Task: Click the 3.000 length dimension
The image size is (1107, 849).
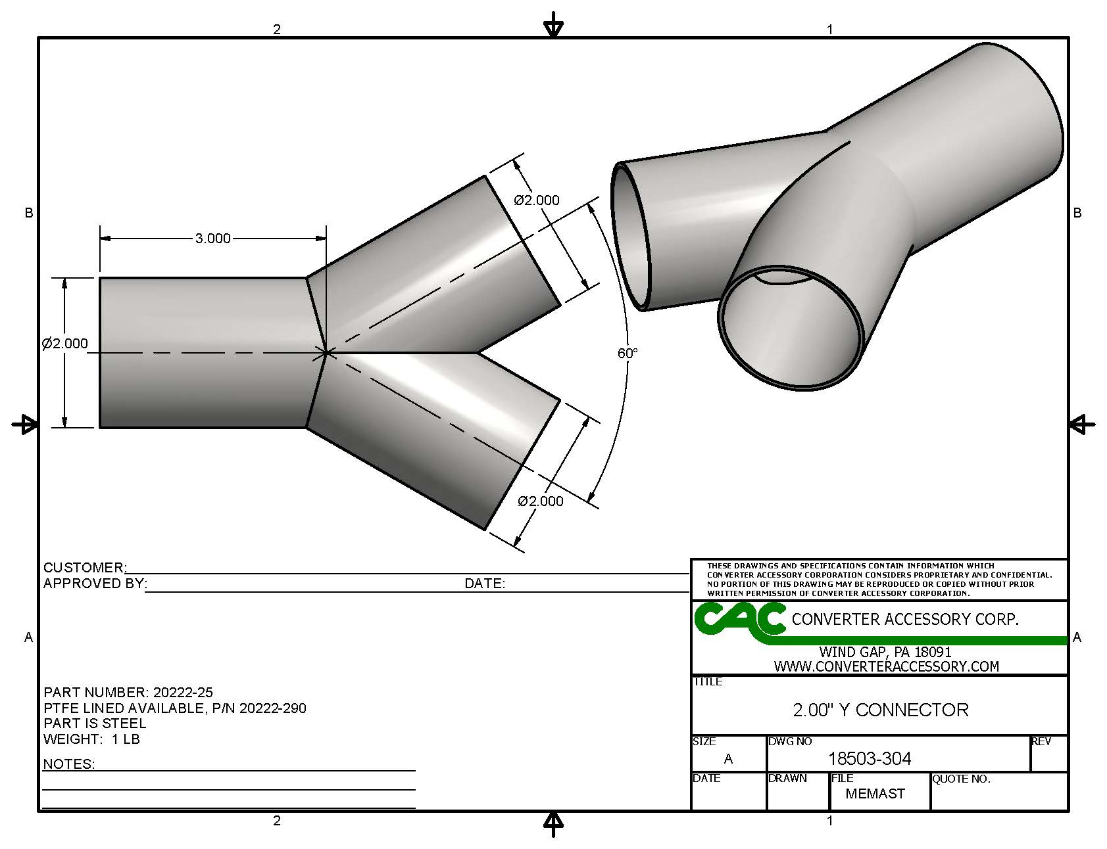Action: (x=212, y=238)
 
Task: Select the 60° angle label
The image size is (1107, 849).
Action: (x=627, y=354)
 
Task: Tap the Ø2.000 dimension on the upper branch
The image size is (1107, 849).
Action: (x=537, y=200)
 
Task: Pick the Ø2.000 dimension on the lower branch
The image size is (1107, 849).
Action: (x=541, y=501)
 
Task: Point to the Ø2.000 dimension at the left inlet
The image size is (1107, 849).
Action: (x=64, y=344)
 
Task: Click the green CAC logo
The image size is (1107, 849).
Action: (x=740, y=619)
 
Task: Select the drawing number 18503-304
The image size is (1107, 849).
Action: (x=869, y=759)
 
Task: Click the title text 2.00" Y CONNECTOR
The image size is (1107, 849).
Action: (x=880, y=710)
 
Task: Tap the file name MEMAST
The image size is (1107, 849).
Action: (x=875, y=794)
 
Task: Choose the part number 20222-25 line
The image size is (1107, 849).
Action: (x=128, y=693)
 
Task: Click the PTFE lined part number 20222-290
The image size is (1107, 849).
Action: (x=272, y=708)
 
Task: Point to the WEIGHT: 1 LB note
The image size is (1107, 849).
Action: (x=91, y=739)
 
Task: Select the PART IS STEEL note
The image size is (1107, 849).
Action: (x=95, y=723)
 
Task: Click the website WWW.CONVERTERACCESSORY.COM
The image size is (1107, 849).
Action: (x=886, y=666)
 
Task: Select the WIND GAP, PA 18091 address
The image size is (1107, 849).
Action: (x=885, y=653)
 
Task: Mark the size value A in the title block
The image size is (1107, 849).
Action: (x=728, y=759)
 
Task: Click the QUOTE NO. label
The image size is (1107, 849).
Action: (x=961, y=779)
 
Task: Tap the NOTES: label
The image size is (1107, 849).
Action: (x=69, y=764)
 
